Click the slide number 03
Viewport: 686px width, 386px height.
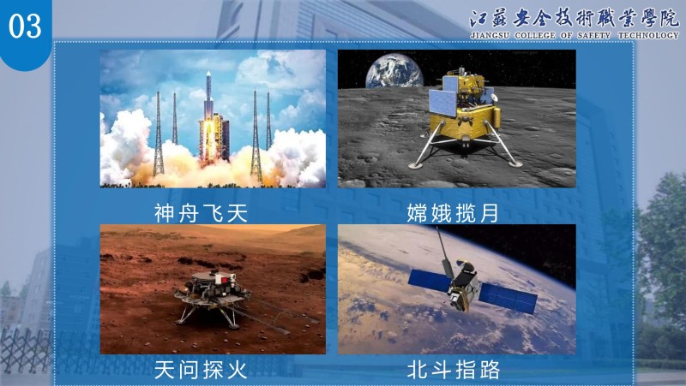[x=25, y=26]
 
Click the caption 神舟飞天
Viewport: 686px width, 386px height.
[x=202, y=213]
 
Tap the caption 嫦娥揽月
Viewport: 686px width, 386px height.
[x=454, y=213]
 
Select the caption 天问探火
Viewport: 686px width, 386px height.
[x=202, y=370]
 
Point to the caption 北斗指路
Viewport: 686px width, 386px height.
[x=454, y=370]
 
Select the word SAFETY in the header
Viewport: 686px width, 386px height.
[x=593, y=35]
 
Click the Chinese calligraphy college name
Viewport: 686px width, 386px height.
[x=575, y=18]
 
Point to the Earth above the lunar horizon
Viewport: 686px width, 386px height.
[x=394, y=70]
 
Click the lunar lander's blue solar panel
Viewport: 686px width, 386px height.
[x=442, y=102]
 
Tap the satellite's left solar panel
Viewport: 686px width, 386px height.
[x=430, y=281]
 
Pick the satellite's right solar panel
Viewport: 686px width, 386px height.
[x=508, y=298]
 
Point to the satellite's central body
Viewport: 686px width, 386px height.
[x=463, y=286]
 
